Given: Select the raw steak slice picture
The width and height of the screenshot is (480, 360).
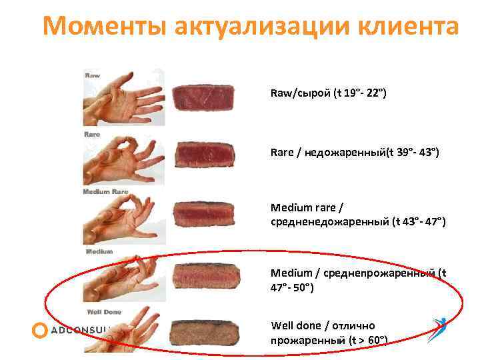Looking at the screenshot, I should pos(203,97).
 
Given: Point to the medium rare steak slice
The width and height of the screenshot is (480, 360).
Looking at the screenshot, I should pos(203,214).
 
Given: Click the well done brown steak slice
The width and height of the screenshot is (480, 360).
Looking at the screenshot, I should pos(203,331).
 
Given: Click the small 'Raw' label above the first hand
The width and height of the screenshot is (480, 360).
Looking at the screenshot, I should pos(92,75).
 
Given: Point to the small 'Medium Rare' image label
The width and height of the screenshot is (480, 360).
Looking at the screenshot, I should pos(105,192).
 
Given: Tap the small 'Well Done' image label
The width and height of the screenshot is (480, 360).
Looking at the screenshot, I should pos(103,312).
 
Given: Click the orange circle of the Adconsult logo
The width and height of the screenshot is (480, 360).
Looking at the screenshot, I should pos(40,330).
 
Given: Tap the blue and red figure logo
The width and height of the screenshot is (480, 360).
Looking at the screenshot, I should pos(439,329).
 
